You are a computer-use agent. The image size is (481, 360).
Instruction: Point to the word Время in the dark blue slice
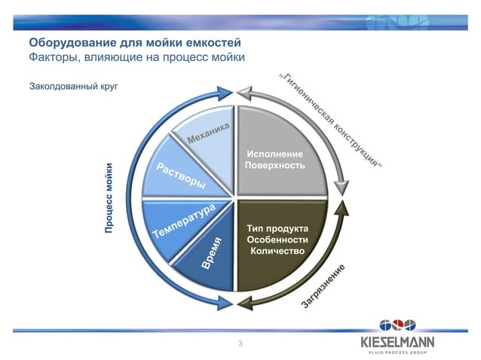212,253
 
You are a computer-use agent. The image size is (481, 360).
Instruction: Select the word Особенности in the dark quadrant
277,239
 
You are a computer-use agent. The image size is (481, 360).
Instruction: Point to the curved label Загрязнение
323,287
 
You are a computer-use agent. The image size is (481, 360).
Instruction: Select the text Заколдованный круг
73,87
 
